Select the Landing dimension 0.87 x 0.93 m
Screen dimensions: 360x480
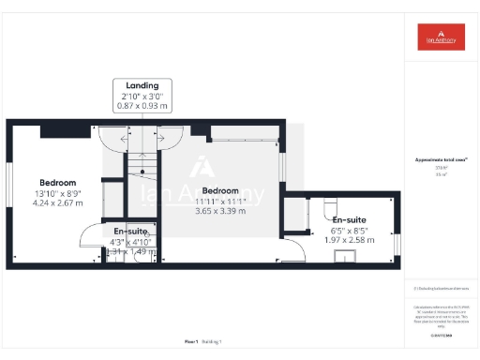[x=143, y=106]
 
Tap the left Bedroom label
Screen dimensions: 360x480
[x=57, y=182]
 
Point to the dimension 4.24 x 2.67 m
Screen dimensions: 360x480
[x=57, y=202]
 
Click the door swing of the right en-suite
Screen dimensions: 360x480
[x=292, y=249]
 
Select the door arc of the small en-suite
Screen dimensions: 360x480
[x=92, y=238]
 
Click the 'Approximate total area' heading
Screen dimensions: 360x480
[x=441, y=161]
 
